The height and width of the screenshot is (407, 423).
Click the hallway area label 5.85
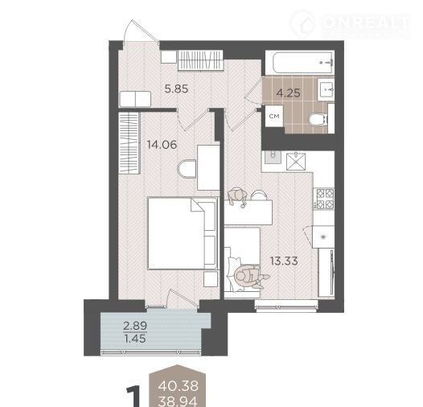[x=176, y=88]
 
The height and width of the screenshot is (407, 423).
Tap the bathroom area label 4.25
[x=289, y=93]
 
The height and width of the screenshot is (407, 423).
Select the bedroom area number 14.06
[x=162, y=145]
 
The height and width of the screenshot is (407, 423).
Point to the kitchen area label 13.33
[x=284, y=261]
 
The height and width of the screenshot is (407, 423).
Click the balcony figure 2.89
[x=135, y=326]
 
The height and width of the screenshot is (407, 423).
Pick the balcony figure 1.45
[x=135, y=339]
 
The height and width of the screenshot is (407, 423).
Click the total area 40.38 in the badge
[x=179, y=386]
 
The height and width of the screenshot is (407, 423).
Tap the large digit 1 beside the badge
[x=133, y=397]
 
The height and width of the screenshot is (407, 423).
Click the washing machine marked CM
[x=274, y=117]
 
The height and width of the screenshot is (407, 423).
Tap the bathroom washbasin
[x=326, y=88]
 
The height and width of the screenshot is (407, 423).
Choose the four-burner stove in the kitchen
[x=324, y=199]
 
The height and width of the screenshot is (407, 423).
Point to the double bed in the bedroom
[x=183, y=233]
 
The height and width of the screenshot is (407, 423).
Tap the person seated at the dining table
[x=236, y=196]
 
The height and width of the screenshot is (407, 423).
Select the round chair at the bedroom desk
[x=187, y=169]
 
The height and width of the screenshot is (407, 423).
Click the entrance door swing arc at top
[x=141, y=31]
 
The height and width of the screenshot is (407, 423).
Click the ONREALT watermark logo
[x=351, y=24]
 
